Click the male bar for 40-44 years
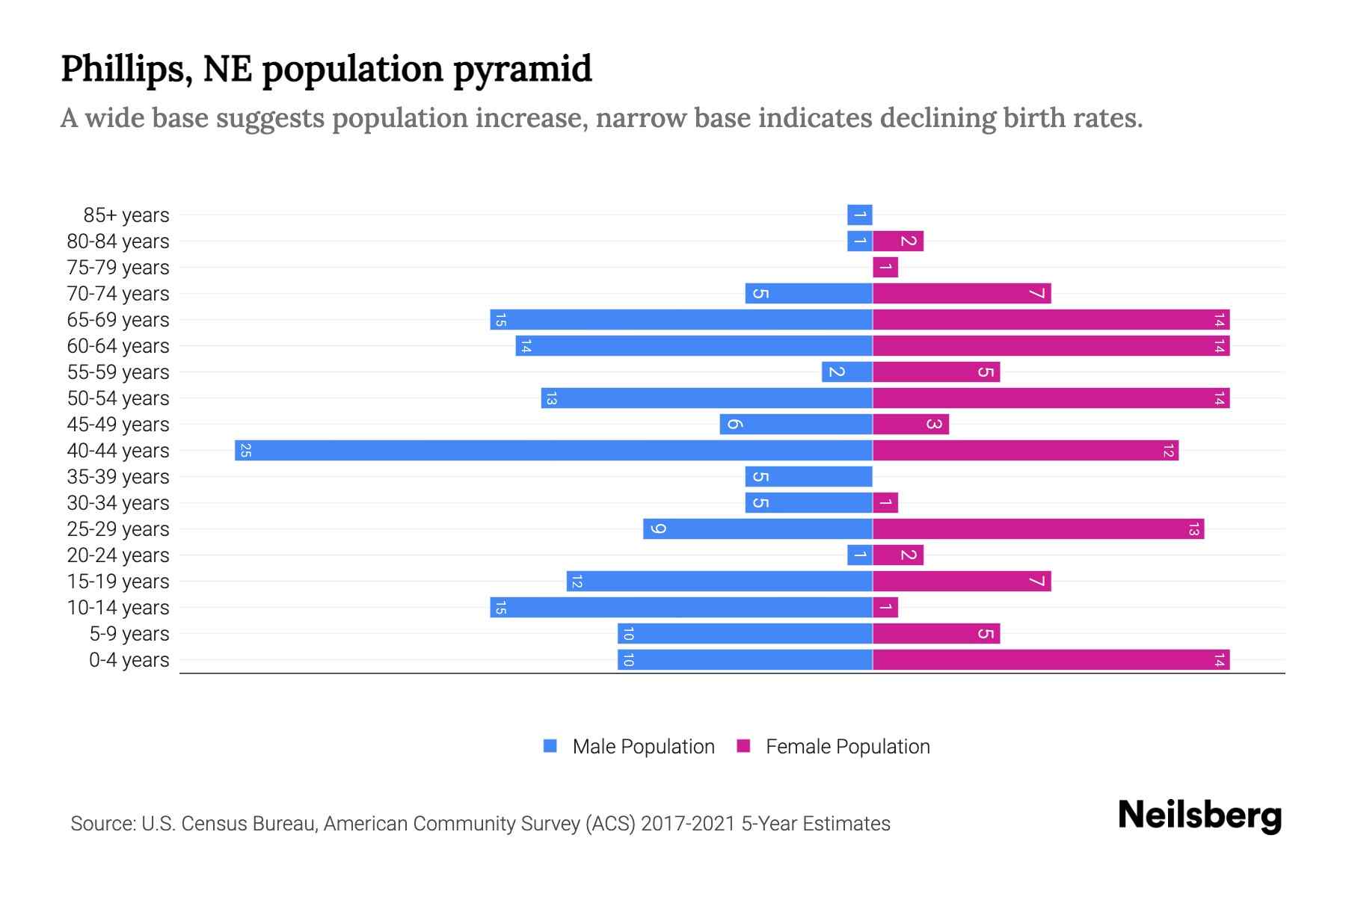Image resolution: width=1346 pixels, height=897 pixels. coord(553,451)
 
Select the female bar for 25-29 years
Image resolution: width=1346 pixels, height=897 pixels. coord(1038,529)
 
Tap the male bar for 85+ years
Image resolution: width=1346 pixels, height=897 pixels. coord(860,215)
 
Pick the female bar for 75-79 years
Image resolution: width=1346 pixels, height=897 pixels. coord(885,268)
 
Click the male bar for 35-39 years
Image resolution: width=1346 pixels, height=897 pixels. coord(809,477)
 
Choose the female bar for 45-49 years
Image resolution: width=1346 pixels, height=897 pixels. coord(911,425)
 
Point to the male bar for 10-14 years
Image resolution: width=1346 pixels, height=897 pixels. coord(681,608)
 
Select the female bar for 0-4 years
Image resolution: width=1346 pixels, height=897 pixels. coord(1051,660)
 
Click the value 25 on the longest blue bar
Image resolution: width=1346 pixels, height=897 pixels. coord(245,451)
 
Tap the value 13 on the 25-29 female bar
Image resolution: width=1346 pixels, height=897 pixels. coord(1193,529)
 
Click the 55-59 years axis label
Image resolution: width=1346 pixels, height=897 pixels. coord(118,372)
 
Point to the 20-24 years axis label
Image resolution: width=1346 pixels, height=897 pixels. coord(118,555)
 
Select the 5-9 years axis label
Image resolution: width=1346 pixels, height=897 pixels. coord(129,634)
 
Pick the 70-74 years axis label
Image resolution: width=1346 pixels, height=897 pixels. coord(118,294)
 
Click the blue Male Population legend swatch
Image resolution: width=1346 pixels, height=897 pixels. coord(550,746)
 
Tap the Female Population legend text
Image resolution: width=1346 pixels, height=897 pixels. coord(847,747)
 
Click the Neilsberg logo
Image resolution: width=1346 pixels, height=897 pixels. coord(1199,815)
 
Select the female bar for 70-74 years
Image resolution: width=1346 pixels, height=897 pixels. coord(962,294)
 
